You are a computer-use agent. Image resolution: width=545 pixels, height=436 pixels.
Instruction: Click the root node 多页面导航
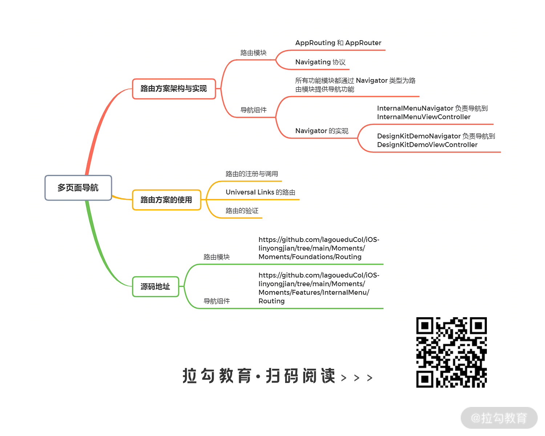click(x=78, y=188)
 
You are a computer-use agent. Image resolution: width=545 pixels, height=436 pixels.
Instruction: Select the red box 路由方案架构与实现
click(x=174, y=89)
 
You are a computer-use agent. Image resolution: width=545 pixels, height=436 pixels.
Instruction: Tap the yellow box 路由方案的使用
click(x=166, y=200)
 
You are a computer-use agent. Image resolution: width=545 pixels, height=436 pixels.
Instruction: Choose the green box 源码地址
click(x=156, y=287)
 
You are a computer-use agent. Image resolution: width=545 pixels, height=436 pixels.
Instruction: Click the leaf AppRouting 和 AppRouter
click(x=338, y=43)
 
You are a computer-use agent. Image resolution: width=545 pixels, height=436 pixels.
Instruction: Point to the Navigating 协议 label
click(x=320, y=62)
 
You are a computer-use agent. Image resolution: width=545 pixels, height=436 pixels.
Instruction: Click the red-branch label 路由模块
click(x=253, y=53)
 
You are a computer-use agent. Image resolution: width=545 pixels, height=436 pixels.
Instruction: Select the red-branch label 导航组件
click(x=253, y=110)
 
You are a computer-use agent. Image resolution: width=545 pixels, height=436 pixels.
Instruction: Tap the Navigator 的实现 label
click(x=322, y=131)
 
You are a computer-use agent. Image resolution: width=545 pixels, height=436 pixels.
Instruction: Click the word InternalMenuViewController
click(x=424, y=117)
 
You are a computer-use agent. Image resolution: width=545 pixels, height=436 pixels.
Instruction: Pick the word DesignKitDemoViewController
click(x=427, y=145)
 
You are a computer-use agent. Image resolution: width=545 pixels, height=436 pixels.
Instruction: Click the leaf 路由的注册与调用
click(x=252, y=174)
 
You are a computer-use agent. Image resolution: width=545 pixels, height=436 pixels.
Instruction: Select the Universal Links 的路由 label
click(x=260, y=192)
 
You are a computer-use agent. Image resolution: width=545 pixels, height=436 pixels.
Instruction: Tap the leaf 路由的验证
click(x=242, y=211)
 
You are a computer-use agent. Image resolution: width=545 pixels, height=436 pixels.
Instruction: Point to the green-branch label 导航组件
click(x=217, y=301)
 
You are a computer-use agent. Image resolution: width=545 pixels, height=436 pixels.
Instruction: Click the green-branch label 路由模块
click(x=217, y=257)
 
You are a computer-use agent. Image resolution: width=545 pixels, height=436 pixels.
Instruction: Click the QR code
click(x=451, y=352)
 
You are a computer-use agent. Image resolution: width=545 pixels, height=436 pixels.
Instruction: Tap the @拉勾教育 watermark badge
click(x=499, y=418)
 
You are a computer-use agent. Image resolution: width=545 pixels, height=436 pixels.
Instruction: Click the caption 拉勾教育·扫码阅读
click(x=259, y=376)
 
